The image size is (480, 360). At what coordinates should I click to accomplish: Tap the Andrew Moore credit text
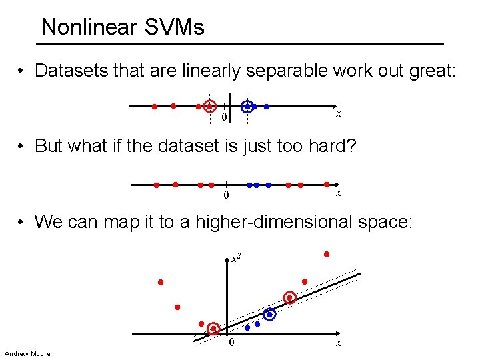(x=27, y=353)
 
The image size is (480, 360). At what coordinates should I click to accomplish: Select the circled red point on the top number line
(x=210, y=106)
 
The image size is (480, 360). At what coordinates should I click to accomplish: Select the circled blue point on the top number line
(x=247, y=106)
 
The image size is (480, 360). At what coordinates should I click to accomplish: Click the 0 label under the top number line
(x=224, y=118)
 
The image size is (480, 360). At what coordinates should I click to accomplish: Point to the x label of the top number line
(x=339, y=114)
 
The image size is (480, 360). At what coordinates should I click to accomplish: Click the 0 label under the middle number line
(x=225, y=195)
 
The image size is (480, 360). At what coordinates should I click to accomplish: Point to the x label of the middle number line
(x=339, y=192)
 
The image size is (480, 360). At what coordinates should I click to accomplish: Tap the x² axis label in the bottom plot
(x=235, y=257)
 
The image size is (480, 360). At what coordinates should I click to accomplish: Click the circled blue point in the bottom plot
(x=269, y=314)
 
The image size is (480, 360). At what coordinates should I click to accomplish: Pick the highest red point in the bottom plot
(x=327, y=254)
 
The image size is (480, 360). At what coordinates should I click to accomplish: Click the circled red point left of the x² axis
(x=213, y=329)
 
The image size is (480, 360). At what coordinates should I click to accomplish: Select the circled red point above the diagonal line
(x=290, y=297)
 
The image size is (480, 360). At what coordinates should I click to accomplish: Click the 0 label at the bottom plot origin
(x=231, y=343)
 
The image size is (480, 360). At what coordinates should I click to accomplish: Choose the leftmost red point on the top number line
(x=154, y=106)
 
